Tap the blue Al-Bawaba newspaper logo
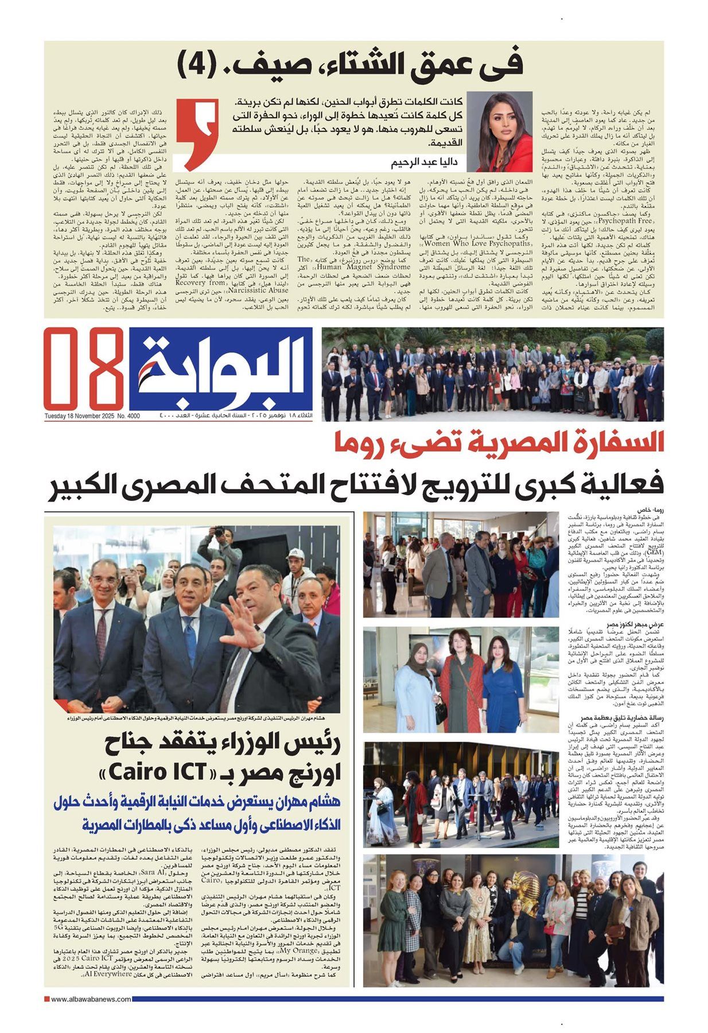coord(221,368)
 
